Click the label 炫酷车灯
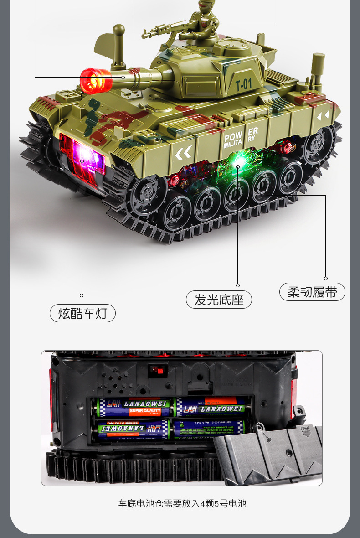click(82, 313)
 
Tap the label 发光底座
click(219, 300)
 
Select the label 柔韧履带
click(312, 292)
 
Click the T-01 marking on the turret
click(243, 84)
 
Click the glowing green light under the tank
click(237, 160)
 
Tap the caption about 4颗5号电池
click(182, 503)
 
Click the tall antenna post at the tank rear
click(318, 68)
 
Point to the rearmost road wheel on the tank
click(316, 144)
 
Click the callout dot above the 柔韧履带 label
click(326, 278)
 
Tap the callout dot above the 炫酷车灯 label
click(82, 295)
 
